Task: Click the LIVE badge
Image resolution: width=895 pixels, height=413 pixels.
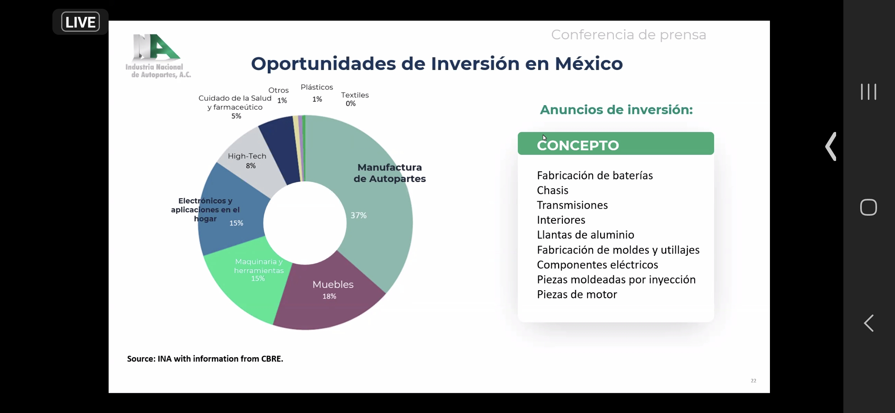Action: [x=80, y=22]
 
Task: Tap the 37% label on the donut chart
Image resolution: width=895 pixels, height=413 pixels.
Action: [x=358, y=215]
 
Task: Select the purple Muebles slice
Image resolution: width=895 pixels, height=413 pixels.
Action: [x=329, y=302]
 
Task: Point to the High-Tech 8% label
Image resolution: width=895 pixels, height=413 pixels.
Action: [x=247, y=161]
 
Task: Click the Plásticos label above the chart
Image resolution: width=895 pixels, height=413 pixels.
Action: [x=317, y=87]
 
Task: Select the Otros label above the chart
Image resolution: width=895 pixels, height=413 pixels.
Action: [x=278, y=90]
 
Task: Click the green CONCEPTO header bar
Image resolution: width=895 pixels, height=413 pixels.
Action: [x=616, y=143]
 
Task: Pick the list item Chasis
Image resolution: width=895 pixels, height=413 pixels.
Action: [x=553, y=190]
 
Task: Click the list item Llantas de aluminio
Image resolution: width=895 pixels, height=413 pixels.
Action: [x=586, y=235]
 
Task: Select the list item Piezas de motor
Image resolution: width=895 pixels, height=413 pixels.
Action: [x=577, y=294]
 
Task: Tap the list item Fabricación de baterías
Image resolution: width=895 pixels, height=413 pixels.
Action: [x=595, y=176]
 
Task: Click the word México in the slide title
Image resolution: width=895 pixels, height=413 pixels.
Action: [x=589, y=63]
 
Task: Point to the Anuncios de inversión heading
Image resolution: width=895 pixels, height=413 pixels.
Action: [x=616, y=110]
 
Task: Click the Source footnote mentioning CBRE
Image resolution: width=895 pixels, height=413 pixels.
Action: [x=205, y=359]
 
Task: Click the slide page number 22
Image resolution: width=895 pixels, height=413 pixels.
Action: [x=753, y=380]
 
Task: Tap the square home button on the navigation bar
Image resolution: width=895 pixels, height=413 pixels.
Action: [x=868, y=207]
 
